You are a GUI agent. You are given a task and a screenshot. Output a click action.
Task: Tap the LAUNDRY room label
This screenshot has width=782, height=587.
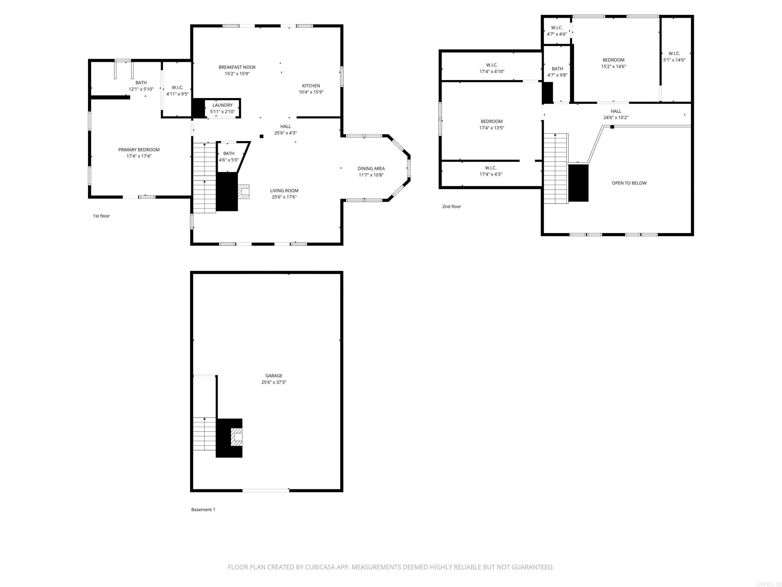pyautogui.click(x=222, y=105)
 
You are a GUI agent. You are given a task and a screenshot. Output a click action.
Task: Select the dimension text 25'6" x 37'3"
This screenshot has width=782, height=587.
pyautogui.click(x=274, y=382)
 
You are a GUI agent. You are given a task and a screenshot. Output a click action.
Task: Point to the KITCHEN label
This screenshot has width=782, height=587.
pyautogui.click(x=311, y=86)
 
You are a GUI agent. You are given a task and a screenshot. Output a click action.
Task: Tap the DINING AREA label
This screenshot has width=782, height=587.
pyautogui.click(x=371, y=168)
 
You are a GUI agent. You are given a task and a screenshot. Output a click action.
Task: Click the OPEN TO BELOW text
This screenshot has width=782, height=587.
pyautogui.click(x=629, y=183)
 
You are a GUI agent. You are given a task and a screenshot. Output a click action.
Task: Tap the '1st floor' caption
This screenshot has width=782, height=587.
pyautogui.click(x=101, y=216)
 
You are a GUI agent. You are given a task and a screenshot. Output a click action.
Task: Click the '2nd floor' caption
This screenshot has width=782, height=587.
pyautogui.click(x=451, y=206)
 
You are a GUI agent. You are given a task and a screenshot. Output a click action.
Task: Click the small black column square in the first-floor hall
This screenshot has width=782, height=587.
pyautogui.click(x=262, y=136)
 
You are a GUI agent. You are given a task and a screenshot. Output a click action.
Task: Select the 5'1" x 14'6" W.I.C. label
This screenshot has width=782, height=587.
pyautogui.click(x=674, y=57)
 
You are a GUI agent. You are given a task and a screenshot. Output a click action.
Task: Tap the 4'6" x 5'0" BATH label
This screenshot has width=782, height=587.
pyautogui.click(x=229, y=156)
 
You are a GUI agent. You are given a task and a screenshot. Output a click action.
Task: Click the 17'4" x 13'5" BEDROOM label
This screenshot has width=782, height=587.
pyautogui.click(x=491, y=125)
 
